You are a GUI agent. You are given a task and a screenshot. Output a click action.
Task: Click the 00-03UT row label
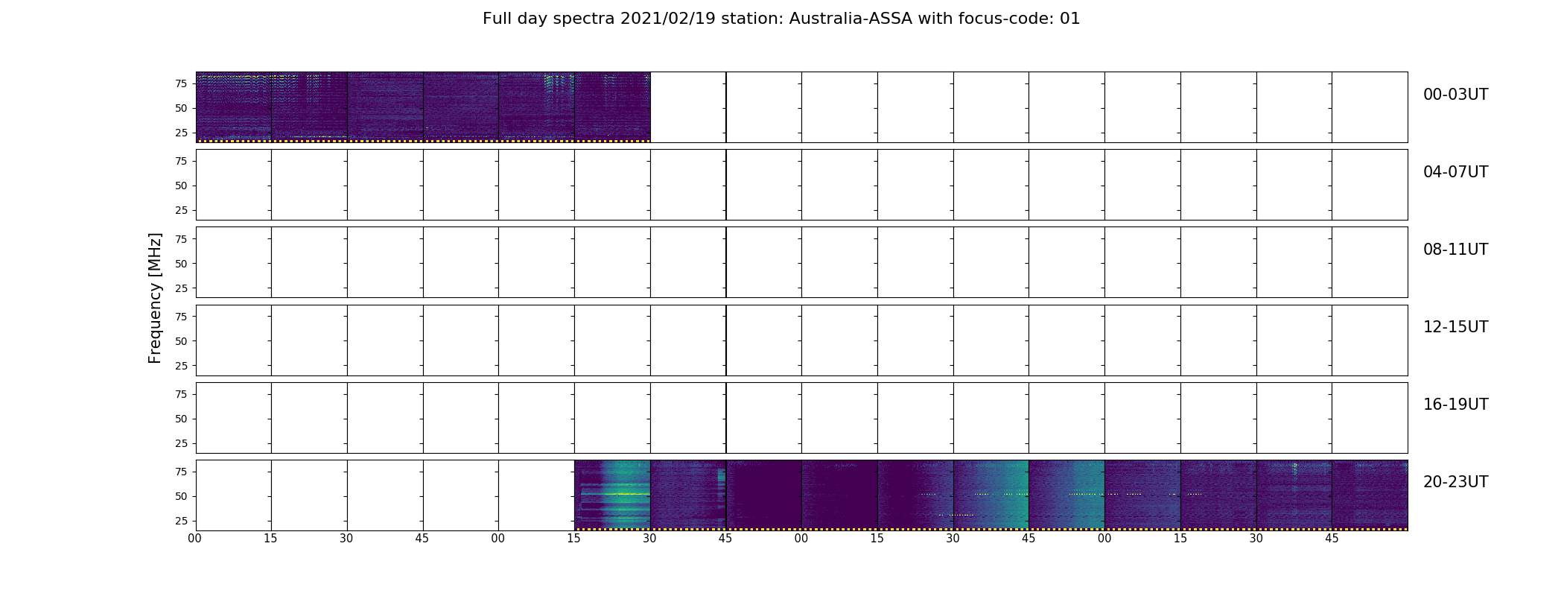click(1455, 95)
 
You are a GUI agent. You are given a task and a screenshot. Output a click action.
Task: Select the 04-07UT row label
click(1455, 172)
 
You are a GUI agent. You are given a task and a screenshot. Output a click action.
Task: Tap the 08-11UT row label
click(1455, 250)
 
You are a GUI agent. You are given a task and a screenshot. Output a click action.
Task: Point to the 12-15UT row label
click(1455, 327)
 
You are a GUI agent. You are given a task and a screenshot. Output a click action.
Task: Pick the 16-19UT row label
click(1455, 405)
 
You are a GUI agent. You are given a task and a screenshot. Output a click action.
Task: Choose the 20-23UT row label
click(1455, 482)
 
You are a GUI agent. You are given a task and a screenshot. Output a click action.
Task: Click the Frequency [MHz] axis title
click(155, 298)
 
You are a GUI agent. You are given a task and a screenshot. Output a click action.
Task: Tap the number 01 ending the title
click(1069, 19)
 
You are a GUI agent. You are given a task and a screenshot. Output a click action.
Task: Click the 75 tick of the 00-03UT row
click(181, 84)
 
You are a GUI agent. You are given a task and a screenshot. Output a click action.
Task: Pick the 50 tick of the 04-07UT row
click(181, 186)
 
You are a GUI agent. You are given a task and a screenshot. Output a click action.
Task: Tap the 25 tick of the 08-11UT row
click(181, 288)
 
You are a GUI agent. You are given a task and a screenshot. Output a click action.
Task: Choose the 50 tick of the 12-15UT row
click(181, 341)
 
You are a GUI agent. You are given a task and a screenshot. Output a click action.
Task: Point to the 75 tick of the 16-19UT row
click(181, 395)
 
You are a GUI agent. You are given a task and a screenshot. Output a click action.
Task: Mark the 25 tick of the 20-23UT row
click(181, 521)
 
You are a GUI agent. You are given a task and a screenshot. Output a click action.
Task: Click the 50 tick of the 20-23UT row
click(181, 497)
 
